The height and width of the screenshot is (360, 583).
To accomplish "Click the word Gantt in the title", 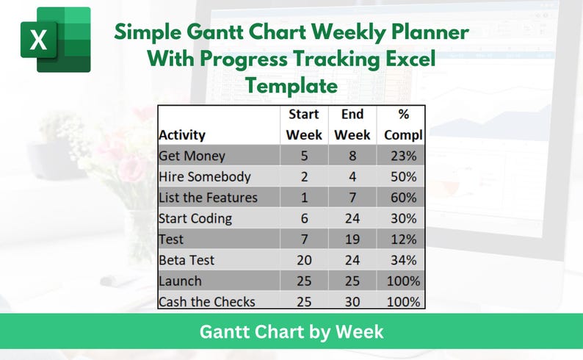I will click(220, 32).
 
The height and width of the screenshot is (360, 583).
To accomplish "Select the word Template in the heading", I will click(291, 86).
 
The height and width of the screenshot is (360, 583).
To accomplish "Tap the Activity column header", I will click(182, 135).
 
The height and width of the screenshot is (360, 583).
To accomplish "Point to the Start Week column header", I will click(304, 124).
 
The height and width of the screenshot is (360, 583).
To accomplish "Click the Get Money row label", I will click(192, 156).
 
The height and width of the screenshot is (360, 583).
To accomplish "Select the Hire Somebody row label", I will click(205, 176).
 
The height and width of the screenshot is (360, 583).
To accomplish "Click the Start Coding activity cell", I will click(195, 218).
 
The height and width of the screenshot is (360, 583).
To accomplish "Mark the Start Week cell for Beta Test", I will click(304, 260).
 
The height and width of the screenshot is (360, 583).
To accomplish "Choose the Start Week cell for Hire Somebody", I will click(304, 176).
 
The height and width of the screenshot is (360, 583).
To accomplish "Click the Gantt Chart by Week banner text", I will click(291, 331).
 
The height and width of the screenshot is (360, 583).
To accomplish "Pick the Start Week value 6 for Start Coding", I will click(304, 218).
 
